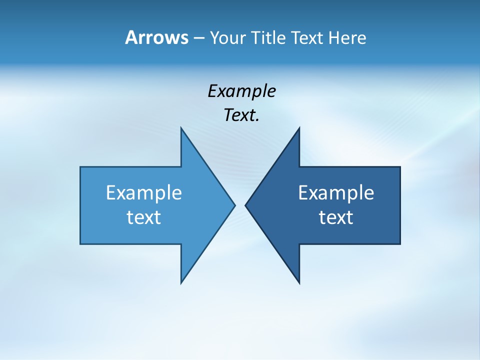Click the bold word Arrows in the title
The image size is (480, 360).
pos(156,38)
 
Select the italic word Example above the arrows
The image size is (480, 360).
pos(241,91)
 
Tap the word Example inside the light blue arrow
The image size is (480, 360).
pos(144,192)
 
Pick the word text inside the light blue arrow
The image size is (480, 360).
pos(144,217)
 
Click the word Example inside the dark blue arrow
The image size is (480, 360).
pos(336,192)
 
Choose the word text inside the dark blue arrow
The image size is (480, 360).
pos(336,217)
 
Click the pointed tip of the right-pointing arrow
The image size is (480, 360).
pos(234,205)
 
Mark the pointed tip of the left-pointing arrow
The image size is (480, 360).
pos(245,205)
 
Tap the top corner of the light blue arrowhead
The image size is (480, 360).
pos(181,128)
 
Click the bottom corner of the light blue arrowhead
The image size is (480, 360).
pos(181,283)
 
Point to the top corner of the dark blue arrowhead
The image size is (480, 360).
pos(299,128)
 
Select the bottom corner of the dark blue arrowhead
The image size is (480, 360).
pos(299,283)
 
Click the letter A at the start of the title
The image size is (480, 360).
pos(131,38)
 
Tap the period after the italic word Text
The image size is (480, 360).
pos(257,120)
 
